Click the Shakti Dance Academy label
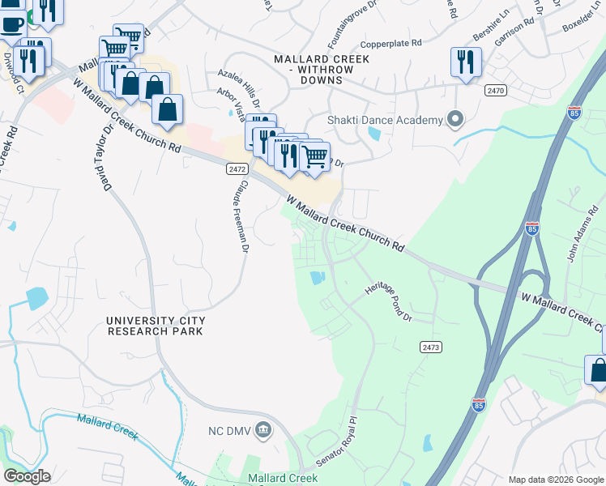click(385, 120)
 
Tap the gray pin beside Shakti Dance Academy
click(454, 120)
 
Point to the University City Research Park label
click(156, 326)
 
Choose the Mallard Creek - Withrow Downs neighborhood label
click(322, 65)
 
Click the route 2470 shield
click(496, 90)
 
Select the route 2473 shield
click(431, 347)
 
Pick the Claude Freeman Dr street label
click(241, 216)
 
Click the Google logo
click(27, 476)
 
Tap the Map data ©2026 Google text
click(555, 480)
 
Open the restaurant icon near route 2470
click(466, 62)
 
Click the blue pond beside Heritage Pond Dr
click(317, 278)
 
